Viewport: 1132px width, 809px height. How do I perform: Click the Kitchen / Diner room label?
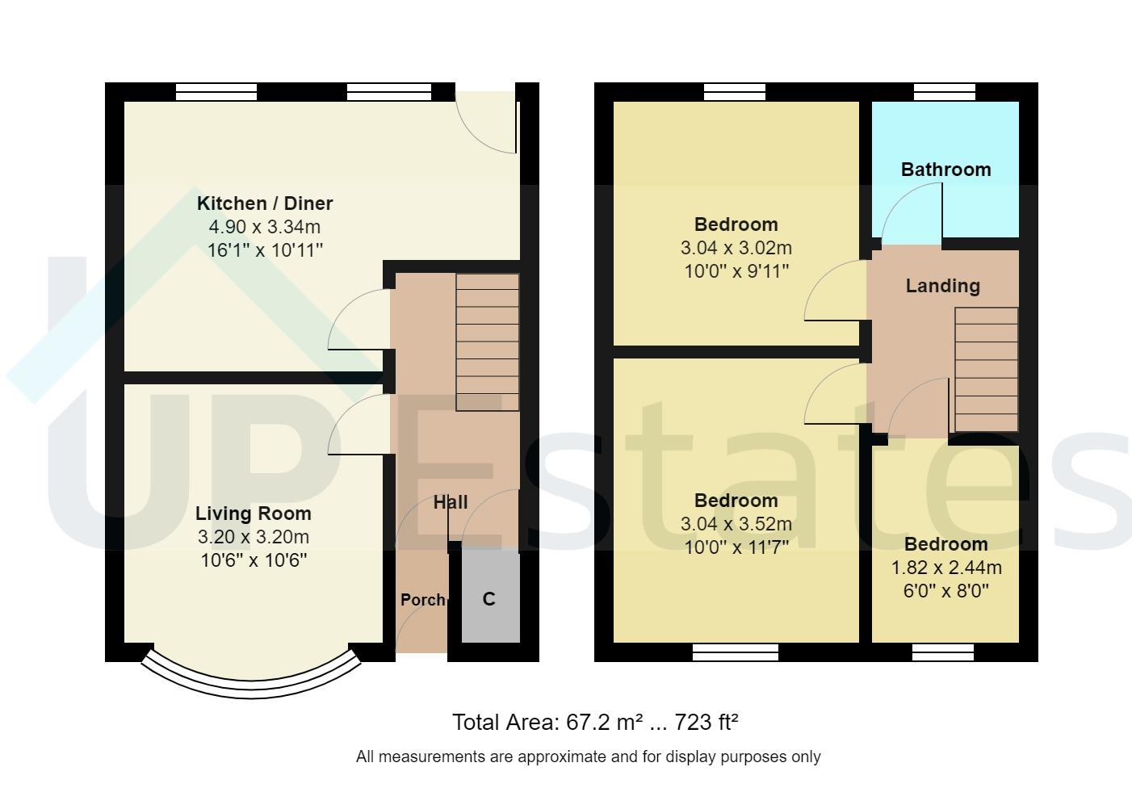coord(265,203)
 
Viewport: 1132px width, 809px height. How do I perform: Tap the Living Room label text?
coord(253,513)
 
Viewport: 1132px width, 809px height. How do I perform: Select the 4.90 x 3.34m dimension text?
coord(265,227)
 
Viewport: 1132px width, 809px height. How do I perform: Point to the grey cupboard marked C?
coord(489,598)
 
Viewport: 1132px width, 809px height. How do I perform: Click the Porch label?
coord(423,600)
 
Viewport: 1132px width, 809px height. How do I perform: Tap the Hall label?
coord(451,502)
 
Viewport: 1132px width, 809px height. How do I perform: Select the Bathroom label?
coord(945,170)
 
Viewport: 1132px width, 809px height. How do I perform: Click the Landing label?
coord(942,286)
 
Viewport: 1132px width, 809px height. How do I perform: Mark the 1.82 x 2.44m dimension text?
coord(946,568)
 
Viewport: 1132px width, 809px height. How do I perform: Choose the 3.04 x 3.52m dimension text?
coord(736,524)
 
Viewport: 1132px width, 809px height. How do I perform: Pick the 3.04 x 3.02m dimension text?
coord(736,248)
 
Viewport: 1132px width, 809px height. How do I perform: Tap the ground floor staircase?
coord(488,342)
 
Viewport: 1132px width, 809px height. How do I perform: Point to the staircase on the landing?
coord(986,370)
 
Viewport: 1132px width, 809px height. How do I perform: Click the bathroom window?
coord(944,91)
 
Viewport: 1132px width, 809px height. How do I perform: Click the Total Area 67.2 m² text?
coord(595,722)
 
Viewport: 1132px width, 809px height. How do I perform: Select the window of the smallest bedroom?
coord(943,652)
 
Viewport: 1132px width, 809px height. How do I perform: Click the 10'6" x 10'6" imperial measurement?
coord(254,560)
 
